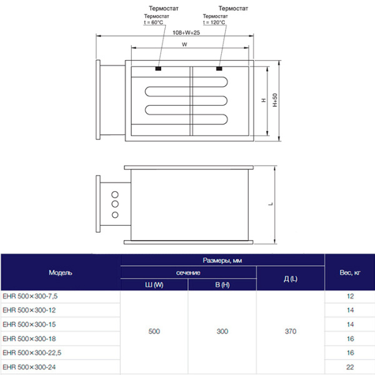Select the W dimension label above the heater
point(185,44)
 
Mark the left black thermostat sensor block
point(159,69)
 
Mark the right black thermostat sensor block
point(219,69)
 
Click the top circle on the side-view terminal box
point(114,192)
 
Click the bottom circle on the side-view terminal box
point(114,216)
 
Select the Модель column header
point(61,273)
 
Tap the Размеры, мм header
point(222,260)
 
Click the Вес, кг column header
point(349,273)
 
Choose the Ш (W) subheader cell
point(154,285)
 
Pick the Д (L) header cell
point(291,279)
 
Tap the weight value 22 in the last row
point(350,366)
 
